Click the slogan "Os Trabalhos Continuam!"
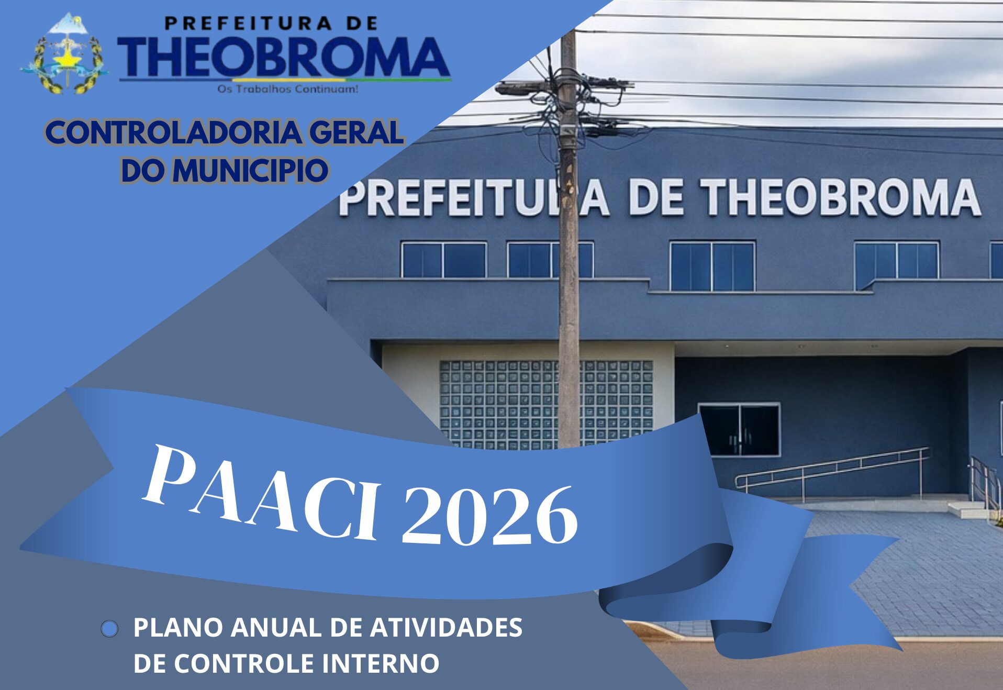[288, 89]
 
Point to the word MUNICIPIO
[250, 170]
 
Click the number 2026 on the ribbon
[490, 516]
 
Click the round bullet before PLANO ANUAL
[109, 629]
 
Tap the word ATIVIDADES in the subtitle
[446, 627]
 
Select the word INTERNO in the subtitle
[381, 663]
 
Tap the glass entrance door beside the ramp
[739, 429]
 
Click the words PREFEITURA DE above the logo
[271, 24]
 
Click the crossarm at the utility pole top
[563, 86]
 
